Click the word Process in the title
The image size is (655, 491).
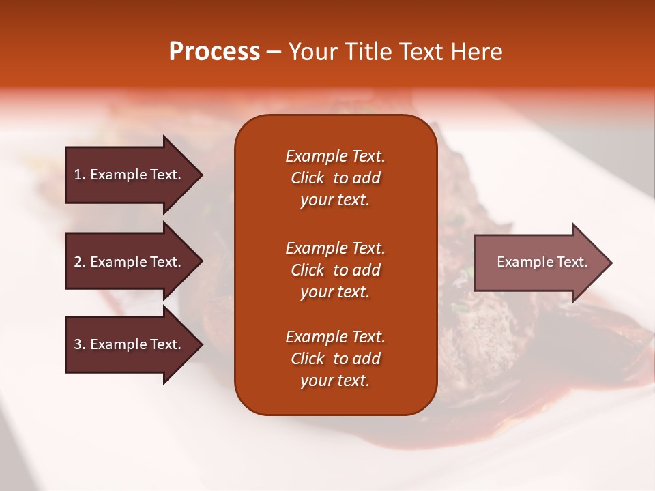[214, 52]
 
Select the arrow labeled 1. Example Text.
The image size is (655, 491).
[130, 175]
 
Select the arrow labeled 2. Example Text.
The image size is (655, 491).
[130, 262]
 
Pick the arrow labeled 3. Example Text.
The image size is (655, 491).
[130, 344]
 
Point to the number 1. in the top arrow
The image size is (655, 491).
[80, 175]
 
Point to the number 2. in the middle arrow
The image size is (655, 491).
[80, 262]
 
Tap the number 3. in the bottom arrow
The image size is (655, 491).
[80, 344]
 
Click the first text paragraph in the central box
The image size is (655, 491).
[335, 178]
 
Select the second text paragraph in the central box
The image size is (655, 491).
[335, 270]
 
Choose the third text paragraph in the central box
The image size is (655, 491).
[335, 359]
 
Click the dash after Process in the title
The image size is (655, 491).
[274, 53]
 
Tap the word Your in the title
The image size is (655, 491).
[312, 52]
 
